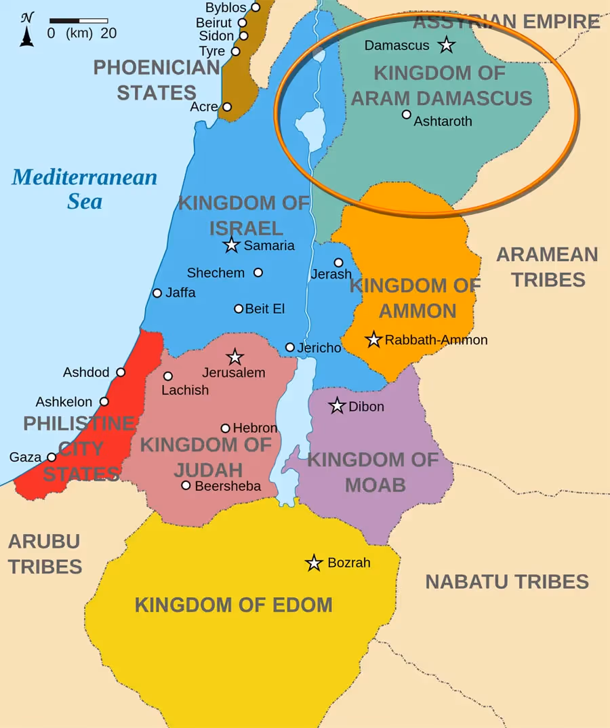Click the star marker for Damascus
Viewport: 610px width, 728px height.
pyautogui.click(x=446, y=45)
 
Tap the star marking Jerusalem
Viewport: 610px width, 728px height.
pyautogui.click(x=235, y=357)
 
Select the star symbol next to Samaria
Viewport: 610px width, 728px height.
pyautogui.click(x=232, y=245)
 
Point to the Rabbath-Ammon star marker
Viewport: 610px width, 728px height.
pyautogui.click(x=373, y=340)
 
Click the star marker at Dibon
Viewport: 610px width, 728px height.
pyautogui.click(x=337, y=406)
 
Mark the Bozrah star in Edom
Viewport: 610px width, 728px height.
pyautogui.click(x=313, y=563)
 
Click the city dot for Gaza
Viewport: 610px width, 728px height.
pyautogui.click(x=52, y=458)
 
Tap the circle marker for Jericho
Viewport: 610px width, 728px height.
pyautogui.click(x=290, y=347)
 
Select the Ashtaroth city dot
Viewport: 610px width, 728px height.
pyautogui.click(x=406, y=115)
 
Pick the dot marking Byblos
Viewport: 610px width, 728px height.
pyautogui.click(x=256, y=7)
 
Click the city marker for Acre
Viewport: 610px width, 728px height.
pyautogui.click(x=227, y=107)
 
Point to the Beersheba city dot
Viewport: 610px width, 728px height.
pyautogui.click(x=186, y=485)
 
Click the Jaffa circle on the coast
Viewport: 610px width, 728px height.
pyautogui.click(x=157, y=293)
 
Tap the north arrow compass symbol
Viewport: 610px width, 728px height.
pyautogui.click(x=27, y=30)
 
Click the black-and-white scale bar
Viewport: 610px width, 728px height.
pyautogui.click(x=78, y=21)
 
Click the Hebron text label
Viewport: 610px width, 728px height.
pyautogui.click(x=255, y=428)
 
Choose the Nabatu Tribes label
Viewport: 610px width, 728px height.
pyautogui.click(x=506, y=582)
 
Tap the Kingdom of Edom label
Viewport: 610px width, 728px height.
pyautogui.click(x=233, y=605)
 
